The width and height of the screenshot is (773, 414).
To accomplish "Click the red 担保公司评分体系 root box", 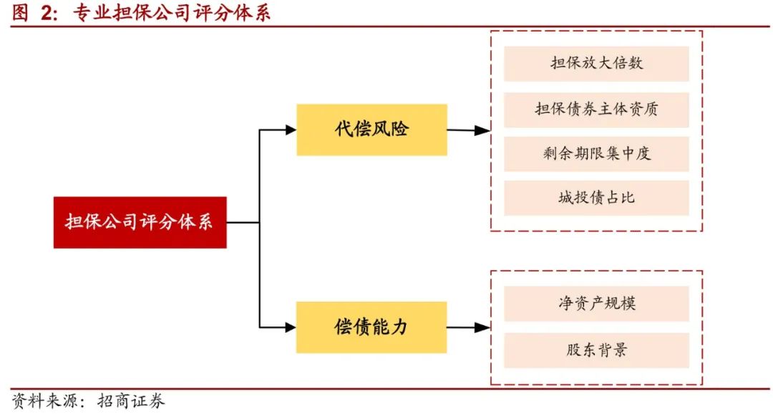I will point(140,222).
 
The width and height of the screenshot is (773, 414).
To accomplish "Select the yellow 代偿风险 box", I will point(371,130).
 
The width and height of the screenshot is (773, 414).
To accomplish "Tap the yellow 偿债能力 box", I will point(371,327).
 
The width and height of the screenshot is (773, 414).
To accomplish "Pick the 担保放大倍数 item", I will point(596,63).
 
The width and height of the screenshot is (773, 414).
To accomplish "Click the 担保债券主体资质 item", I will point(596,109).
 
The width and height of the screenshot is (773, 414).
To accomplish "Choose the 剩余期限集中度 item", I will point(596,153).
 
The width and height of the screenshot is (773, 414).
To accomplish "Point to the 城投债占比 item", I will point(596,198).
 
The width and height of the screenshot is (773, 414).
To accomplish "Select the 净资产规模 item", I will point(596,303).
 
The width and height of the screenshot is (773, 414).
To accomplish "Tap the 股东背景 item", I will point(596,350).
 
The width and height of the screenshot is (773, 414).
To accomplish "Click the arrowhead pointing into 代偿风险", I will point(291,130).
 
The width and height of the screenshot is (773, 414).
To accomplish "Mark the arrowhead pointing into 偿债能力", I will point(291,327).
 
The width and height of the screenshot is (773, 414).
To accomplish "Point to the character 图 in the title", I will point(20,13).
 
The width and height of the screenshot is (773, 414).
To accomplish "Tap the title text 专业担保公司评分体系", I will point(172,13).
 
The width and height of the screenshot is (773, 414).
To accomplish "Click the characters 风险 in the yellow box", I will point(391,130).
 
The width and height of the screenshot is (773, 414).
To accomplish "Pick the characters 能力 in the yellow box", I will point(391,327).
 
